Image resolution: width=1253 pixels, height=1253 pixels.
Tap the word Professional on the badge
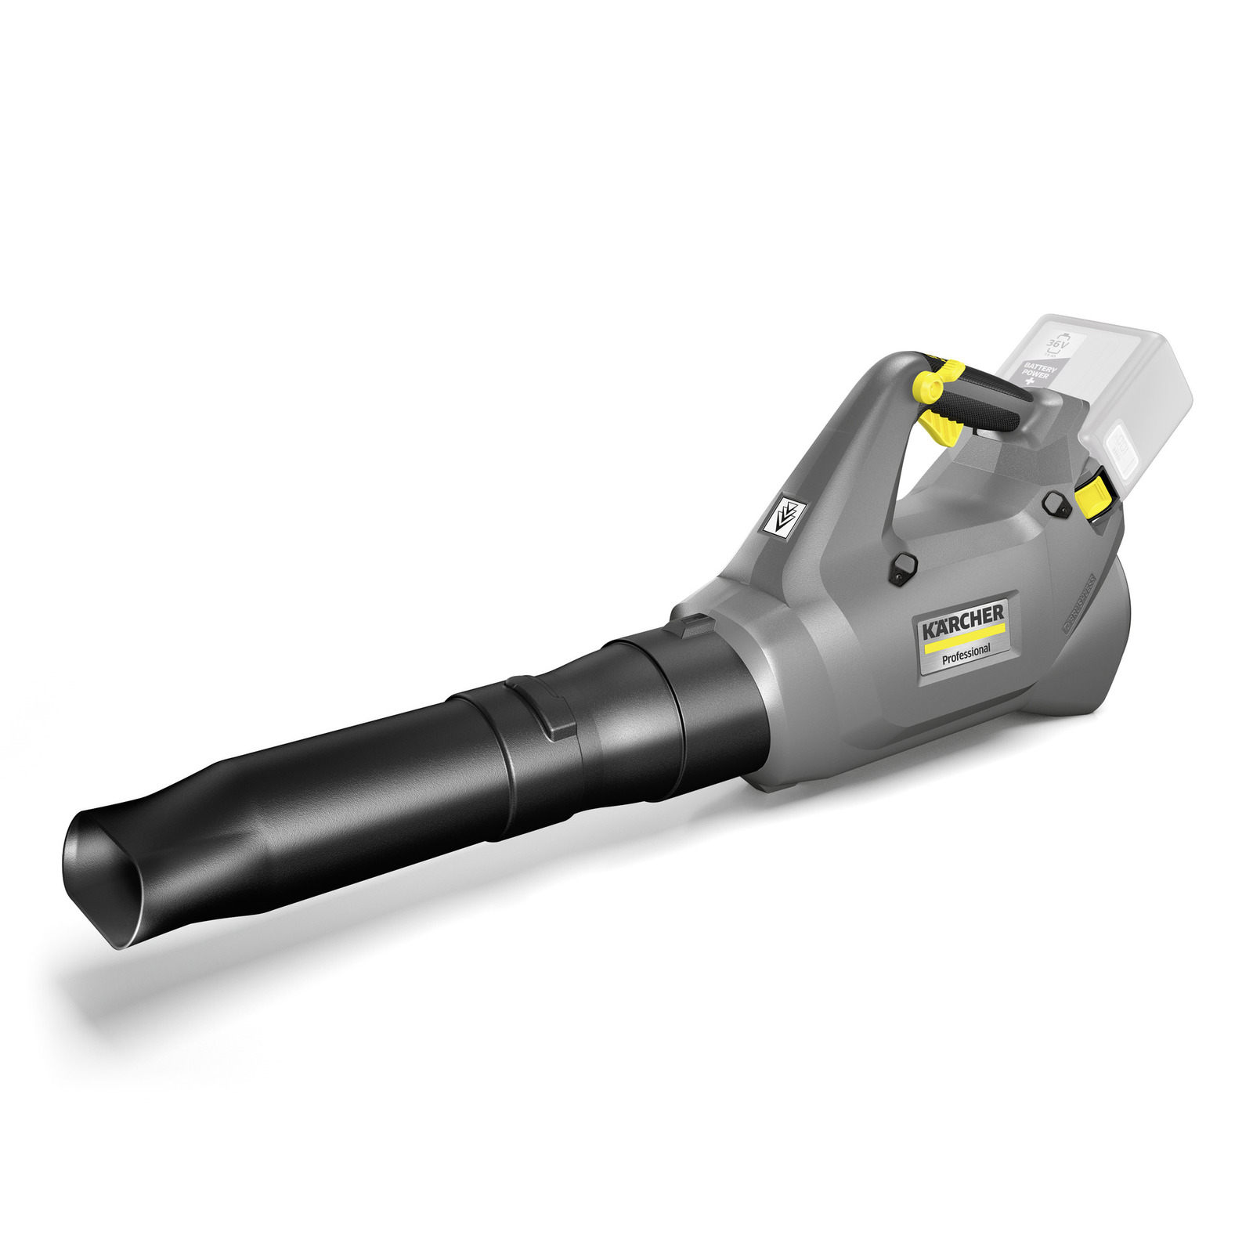tap(966, 651)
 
